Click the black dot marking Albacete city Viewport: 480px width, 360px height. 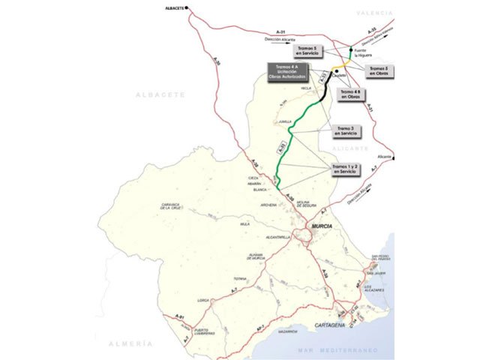(187, 9)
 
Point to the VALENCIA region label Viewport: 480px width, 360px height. (397, 13)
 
